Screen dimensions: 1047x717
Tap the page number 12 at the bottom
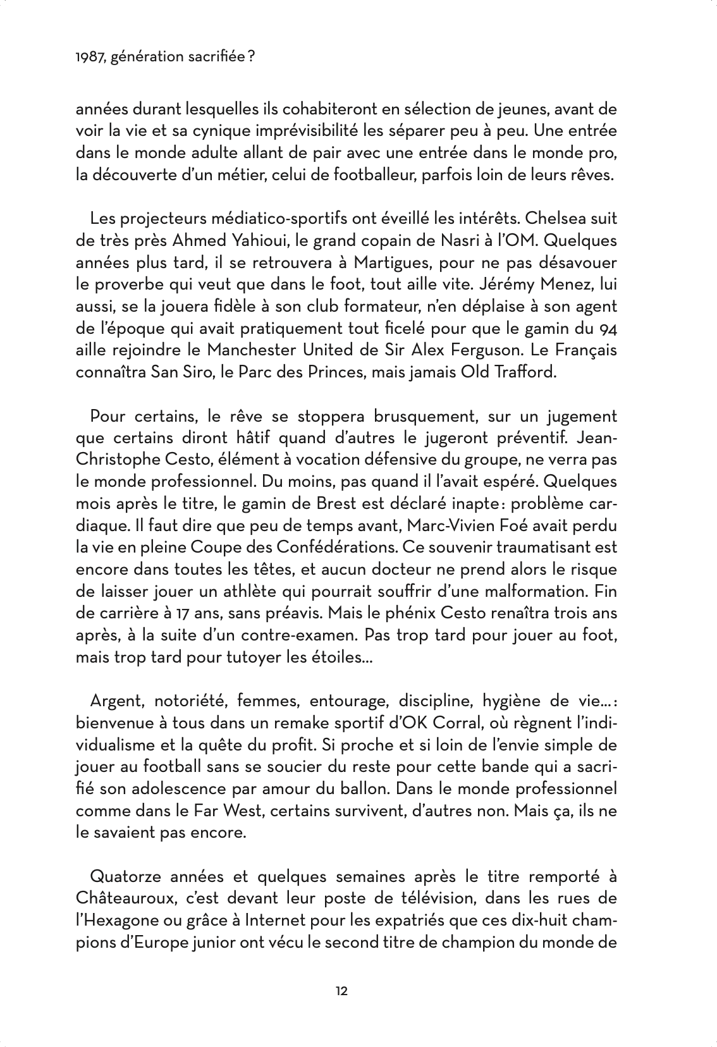(341, 991)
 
